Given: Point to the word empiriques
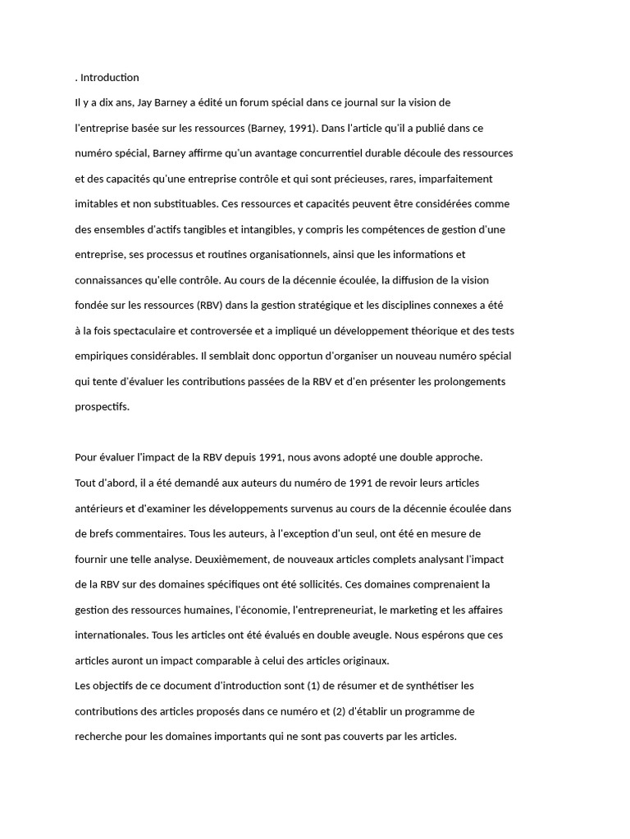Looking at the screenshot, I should coord(103,356).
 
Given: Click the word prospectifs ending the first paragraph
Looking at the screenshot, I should coord(102,407).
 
